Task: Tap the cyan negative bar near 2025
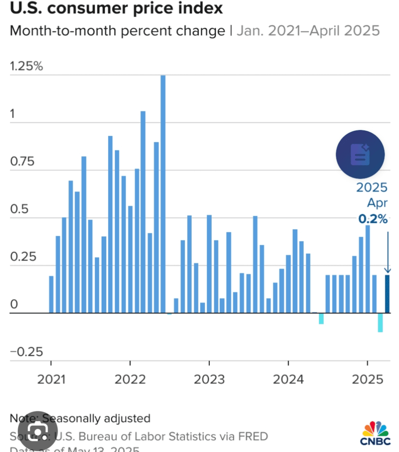pos(380,322)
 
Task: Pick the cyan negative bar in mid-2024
pos(321,319)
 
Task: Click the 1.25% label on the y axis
pos(26,66)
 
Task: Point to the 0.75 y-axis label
pos(22,162)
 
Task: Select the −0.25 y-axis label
pos(26,352)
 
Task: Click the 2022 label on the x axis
pos(130,379)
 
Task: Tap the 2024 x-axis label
pos(288,379)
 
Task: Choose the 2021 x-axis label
pos(51,379)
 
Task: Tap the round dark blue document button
pos(360,154)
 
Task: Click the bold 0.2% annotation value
pos(373,219)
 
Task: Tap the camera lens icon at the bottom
pos(38,432)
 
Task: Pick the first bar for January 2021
pos(51,294)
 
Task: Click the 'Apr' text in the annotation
pos(377,203)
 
